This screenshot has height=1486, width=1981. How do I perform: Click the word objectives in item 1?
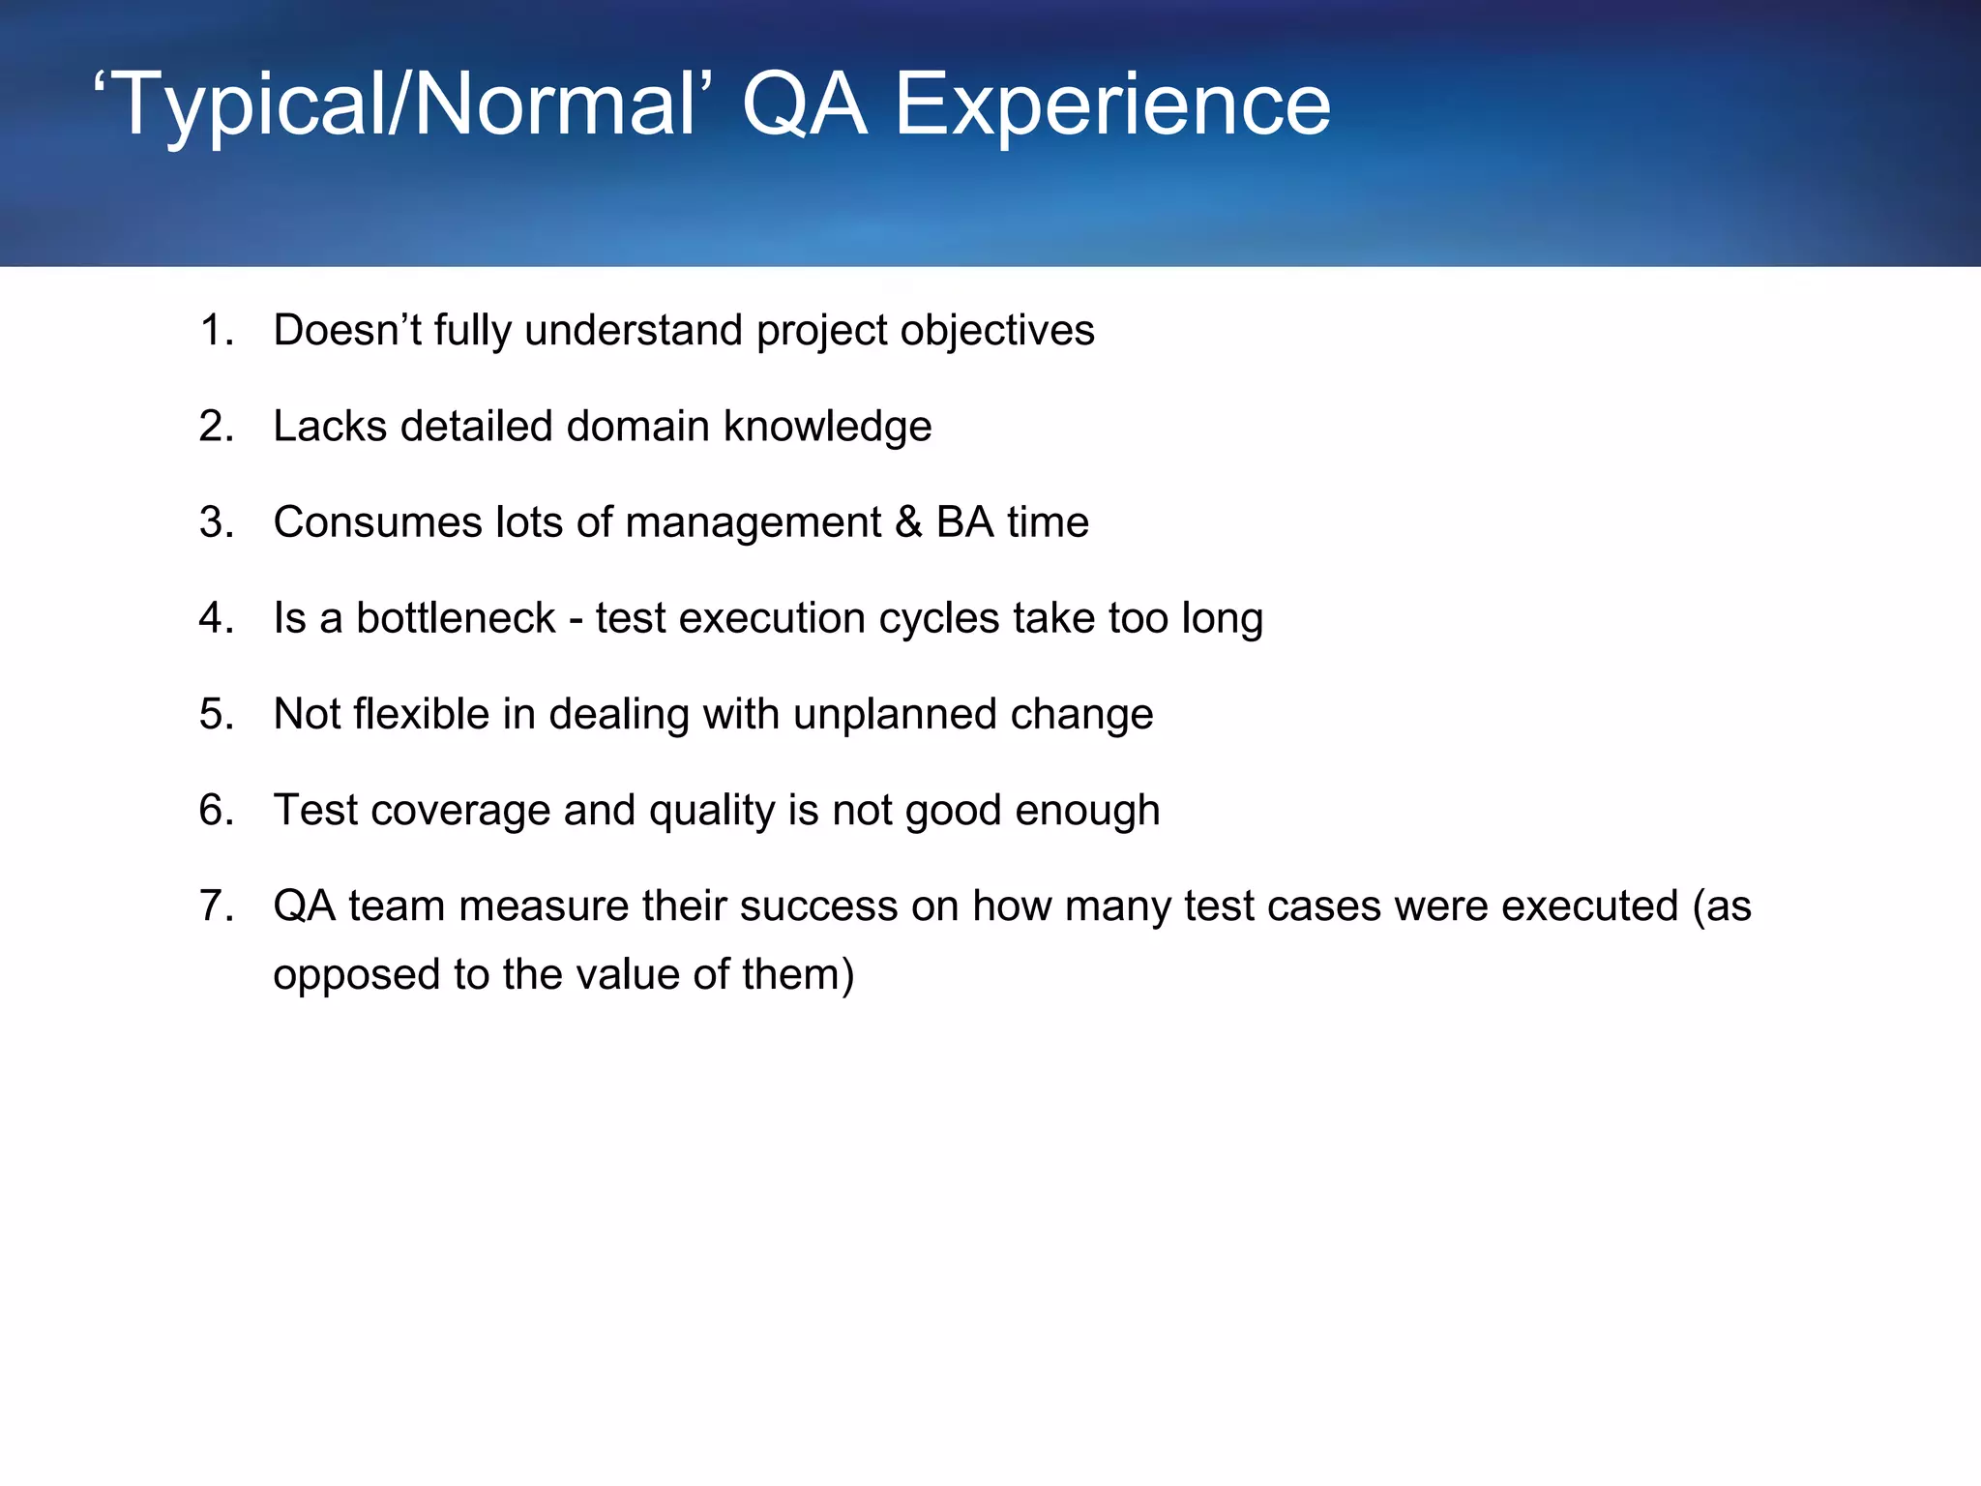[997, 331]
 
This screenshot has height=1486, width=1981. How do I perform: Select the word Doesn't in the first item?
[346, 331]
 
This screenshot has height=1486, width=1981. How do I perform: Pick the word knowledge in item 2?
[828, 427]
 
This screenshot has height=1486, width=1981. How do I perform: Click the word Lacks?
[330, 427]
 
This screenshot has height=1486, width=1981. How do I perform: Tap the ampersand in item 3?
[908, 522]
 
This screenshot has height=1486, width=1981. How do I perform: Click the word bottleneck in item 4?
[456, 618]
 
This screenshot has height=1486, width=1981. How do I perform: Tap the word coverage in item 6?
[460, 810]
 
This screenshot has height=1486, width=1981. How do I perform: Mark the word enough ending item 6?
[1087, 810]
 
